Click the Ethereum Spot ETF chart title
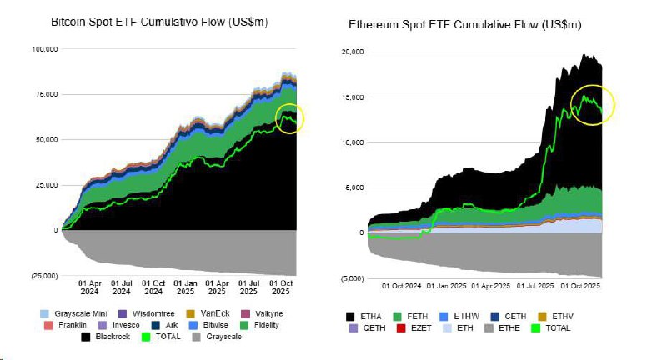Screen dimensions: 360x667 464,25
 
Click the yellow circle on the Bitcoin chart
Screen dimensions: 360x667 290,118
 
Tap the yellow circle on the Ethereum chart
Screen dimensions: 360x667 593,104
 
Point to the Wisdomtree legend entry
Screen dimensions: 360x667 157,312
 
